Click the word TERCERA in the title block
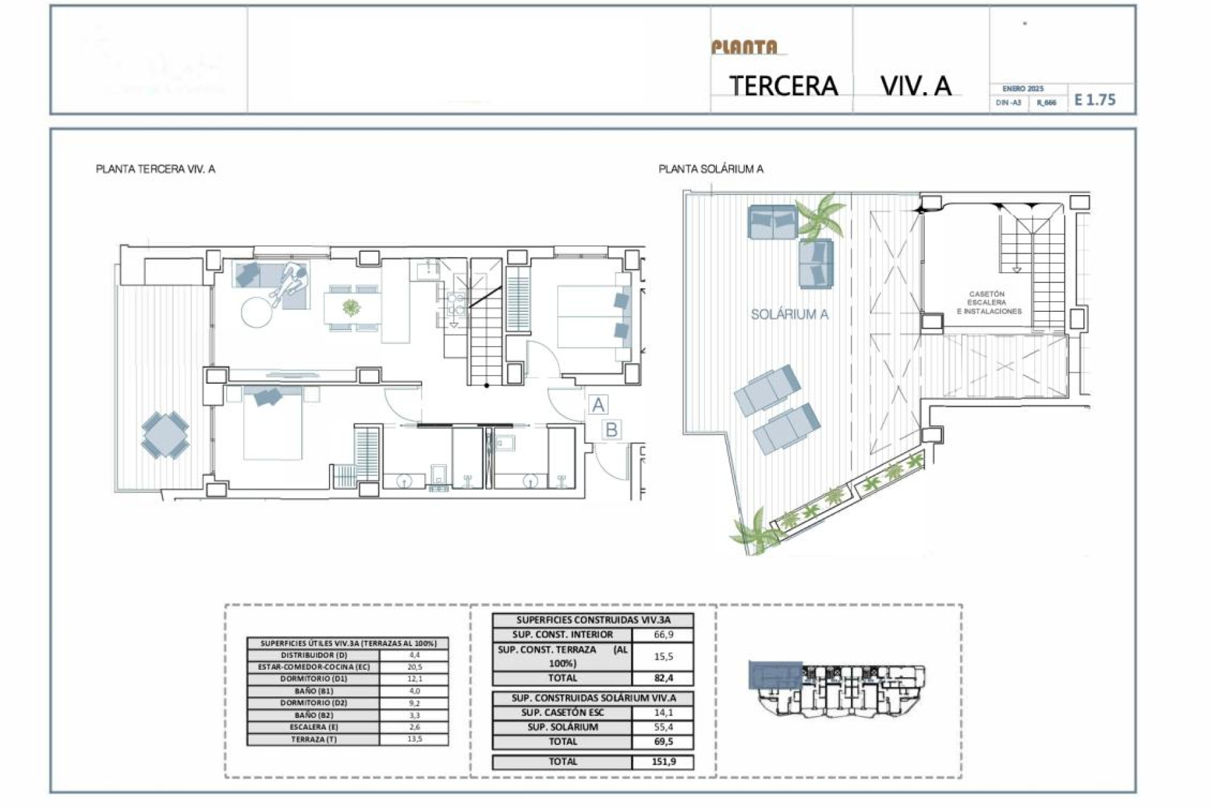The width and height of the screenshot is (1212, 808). click(783, 86)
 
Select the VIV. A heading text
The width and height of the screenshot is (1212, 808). click(915, 86)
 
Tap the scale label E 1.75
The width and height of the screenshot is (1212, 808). click(1095, 100)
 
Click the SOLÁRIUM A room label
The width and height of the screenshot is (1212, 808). click(789, 314)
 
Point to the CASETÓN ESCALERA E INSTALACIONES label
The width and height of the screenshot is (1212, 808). click(989, 303)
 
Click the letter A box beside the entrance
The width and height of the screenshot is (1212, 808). click(598, 405)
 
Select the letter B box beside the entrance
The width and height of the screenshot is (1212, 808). click(611, 430)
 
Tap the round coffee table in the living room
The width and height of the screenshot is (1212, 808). click(256, 312)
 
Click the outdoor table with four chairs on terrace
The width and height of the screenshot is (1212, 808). click(165, 435)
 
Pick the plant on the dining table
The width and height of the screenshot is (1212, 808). click(352, 308)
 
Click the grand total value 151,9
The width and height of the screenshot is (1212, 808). click(663, 762)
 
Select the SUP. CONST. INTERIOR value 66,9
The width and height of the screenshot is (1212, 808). click(663, 634)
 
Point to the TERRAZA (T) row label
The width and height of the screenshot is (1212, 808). click(313, 739)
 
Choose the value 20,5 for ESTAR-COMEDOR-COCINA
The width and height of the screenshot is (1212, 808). click(414, 667)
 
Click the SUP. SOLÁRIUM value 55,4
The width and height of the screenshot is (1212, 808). click(663, 727)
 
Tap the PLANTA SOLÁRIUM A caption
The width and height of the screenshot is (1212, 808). click(711, 169)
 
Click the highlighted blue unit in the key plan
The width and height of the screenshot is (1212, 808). click(775, 675)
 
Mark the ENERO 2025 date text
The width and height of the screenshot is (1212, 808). click(1023, 89)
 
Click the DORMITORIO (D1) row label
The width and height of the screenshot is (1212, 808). click(313, 679)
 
